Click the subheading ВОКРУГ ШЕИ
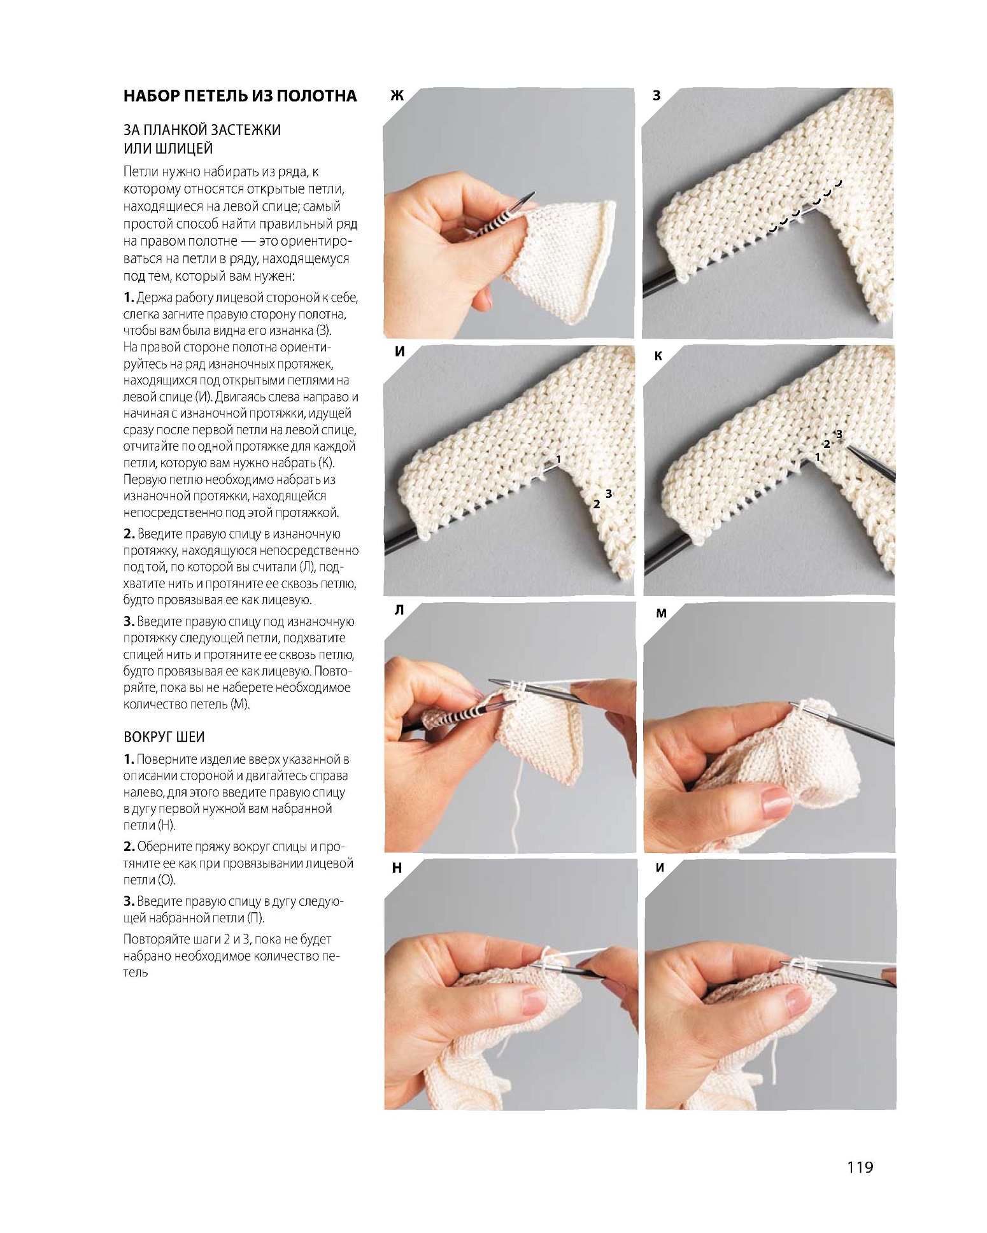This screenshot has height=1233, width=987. coord(164,737)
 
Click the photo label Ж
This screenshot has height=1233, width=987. coord(397,96)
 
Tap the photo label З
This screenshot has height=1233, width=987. coord(657,96)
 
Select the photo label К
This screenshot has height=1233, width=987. coord(658,356)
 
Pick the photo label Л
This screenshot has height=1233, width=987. coord(399,610)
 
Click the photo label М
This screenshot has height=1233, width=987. coord(661,613)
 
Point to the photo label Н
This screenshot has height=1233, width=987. coord(397,868)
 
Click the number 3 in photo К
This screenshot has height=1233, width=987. coord(839,434)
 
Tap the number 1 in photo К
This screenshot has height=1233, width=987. coord(818,457)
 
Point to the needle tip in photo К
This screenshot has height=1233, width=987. coord(848,446)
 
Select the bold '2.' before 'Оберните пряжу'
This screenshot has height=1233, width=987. coord(129,847)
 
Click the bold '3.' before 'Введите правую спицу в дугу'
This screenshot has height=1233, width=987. coord(129,901)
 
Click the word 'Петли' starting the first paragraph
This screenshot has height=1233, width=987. coord(139,172)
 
